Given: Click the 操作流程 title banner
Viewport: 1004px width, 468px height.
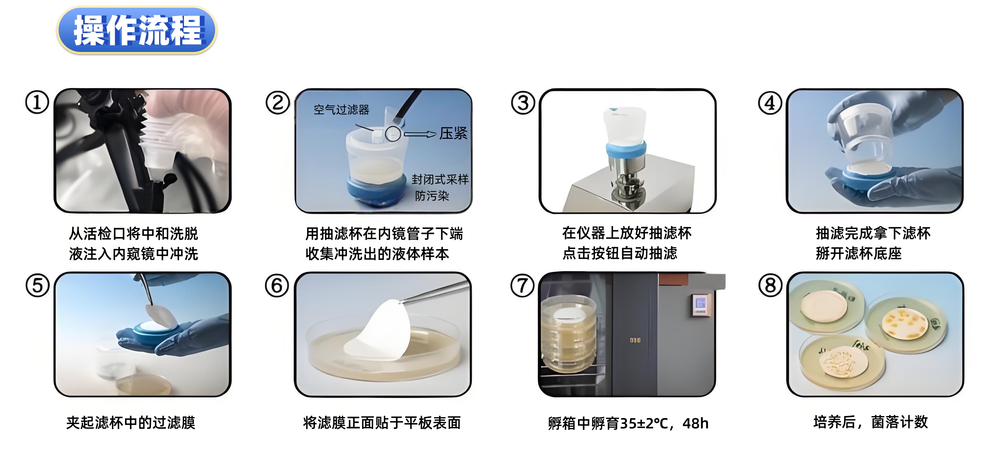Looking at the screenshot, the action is click(x=137, y=30).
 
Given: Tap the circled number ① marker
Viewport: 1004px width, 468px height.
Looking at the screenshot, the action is click(x=37, y=103).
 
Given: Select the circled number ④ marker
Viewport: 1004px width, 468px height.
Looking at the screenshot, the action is click(x=770, y=103).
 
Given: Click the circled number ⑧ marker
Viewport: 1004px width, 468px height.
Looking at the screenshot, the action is click(x=770, y=285).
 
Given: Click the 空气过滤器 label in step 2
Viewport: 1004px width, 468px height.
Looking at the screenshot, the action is click(x=341, y=110).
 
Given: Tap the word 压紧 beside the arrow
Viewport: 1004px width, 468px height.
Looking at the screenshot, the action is click(x=453, y=133).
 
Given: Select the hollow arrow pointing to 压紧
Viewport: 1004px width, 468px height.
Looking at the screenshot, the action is click(x=420, y=134).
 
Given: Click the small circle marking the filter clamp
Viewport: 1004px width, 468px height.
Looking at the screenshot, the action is click(x=393, y=134).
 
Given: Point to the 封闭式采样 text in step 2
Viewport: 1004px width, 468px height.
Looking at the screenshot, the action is click(x=440, y=179).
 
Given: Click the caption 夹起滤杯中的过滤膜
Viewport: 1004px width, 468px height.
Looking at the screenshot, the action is click(x=131, y=422).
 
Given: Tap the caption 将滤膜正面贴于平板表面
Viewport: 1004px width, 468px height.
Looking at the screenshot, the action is click(x=382, y=422).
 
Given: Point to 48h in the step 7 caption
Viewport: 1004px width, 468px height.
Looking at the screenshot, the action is click(x=695, y=423).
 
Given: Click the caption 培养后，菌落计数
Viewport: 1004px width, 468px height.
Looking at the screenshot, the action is click(x=871, y=422).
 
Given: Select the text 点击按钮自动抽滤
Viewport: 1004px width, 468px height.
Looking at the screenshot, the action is click(x=620, y=253).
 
